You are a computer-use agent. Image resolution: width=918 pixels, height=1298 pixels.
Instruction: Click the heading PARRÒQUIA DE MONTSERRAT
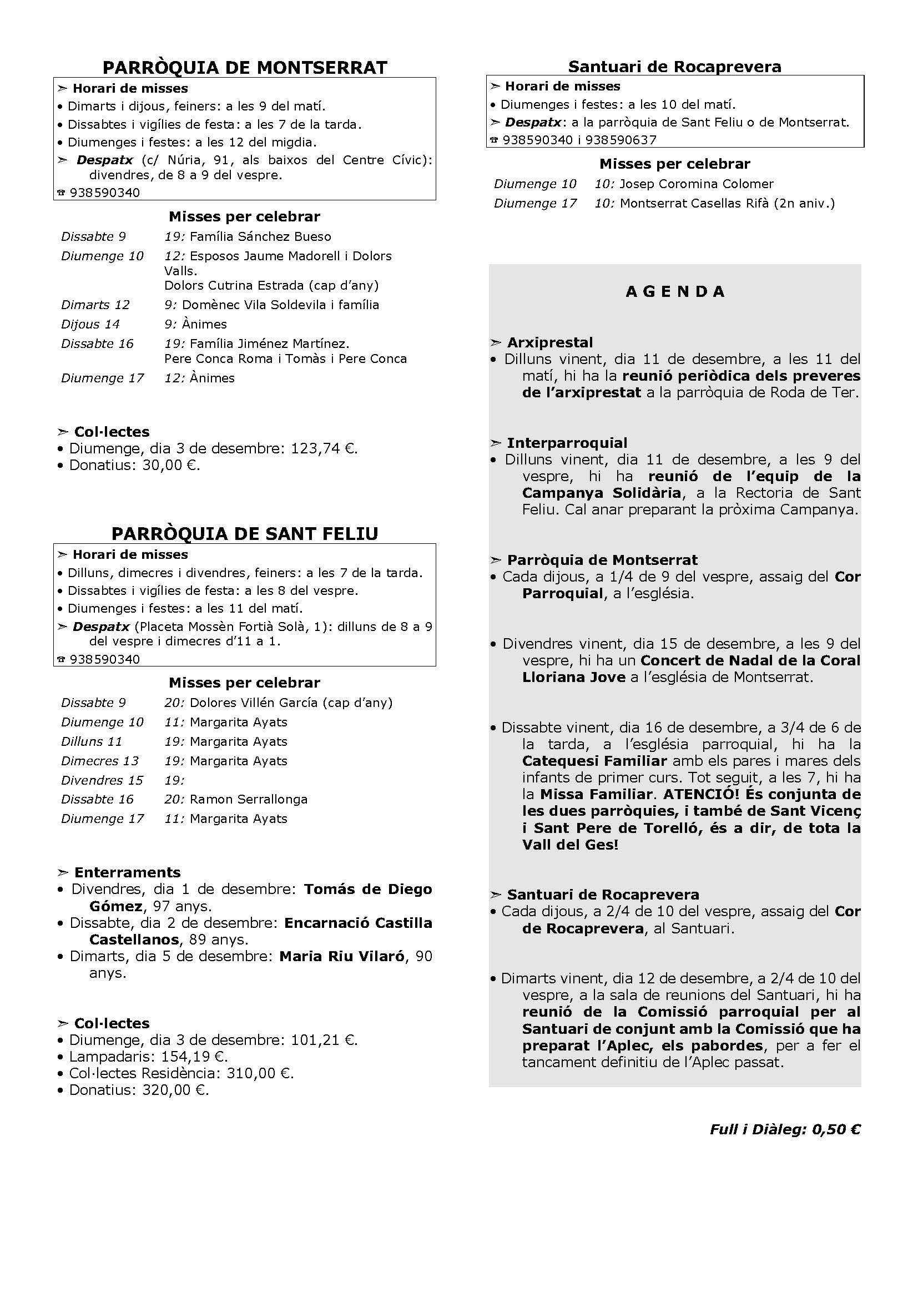point(245,68)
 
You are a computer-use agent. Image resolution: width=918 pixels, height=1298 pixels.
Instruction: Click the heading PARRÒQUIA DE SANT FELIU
point(245,534)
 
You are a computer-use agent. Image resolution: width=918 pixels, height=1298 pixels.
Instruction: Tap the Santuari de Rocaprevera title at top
point(674,67)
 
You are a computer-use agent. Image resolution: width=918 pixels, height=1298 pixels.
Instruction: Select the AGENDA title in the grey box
point(675,292)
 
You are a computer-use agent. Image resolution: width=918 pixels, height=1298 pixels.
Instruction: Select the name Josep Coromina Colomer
point(697,184)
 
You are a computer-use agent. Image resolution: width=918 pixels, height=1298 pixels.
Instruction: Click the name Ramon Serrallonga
point(249,799)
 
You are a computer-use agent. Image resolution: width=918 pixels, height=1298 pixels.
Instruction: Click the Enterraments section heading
point(127,872)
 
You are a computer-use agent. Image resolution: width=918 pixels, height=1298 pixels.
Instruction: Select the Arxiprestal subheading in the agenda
point(549,342)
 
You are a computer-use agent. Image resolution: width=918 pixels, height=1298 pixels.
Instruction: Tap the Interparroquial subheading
point(567,443)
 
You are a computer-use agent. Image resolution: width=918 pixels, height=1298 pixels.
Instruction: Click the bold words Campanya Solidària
point(602,493)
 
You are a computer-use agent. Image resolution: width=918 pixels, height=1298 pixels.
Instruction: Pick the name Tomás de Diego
point(368,889)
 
